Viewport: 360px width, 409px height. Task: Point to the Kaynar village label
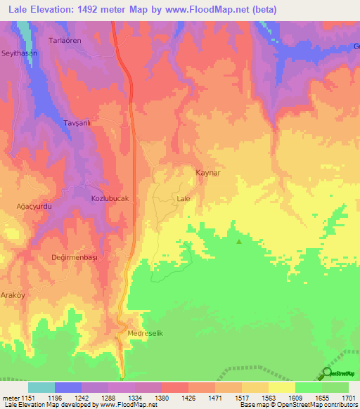click(x=208, y=171)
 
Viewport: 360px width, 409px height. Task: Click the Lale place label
click(x=184, y=199)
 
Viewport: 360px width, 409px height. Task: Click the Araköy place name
click(x=12, y=295)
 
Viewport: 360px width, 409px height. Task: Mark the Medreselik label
click(x=146, y=333)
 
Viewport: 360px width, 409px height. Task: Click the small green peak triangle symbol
click(x=239, y=242)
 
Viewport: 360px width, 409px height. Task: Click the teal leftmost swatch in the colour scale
click(x=41, y=387)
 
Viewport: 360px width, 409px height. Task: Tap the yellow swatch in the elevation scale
click(x=281, y=387)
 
